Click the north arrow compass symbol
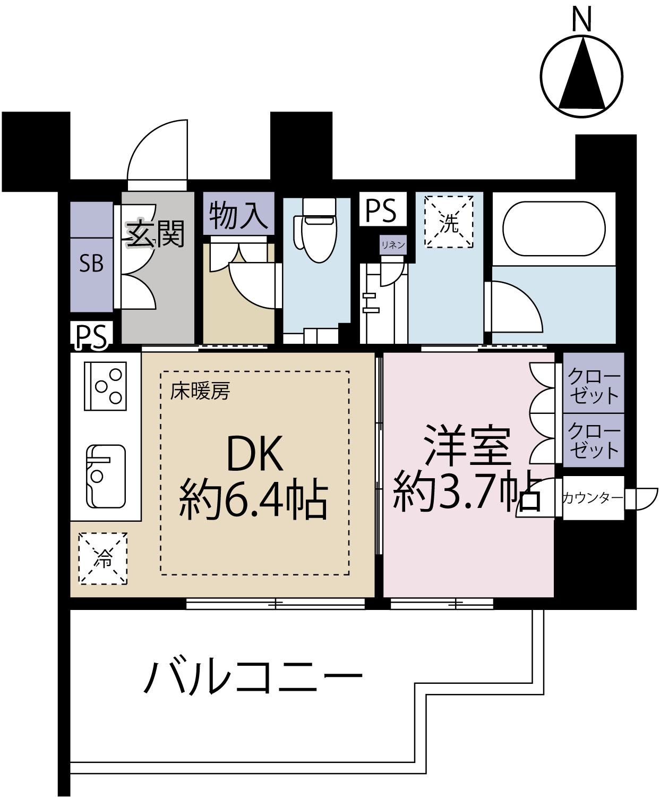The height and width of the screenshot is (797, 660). [x=581, y=75]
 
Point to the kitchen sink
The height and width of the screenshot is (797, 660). [x=106, y=476]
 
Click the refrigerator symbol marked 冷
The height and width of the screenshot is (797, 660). [x=103, y=558]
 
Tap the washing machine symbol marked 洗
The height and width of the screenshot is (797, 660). [x=449, y=222]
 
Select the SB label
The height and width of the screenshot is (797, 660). [x=91, y=264]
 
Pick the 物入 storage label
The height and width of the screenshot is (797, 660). [x=238, y=215]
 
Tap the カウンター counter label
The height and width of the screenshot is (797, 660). [x=592, y=498]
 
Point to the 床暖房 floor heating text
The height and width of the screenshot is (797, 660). [x=200, y=392]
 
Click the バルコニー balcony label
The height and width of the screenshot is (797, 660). [x=253, y=677]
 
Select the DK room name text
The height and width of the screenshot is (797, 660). [x=254, y=453]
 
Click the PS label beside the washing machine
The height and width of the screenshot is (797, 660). [x=381, y=210]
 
